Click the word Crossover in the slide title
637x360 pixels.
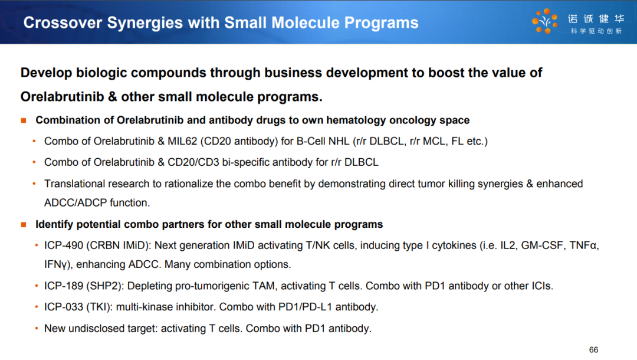pyautogui.click(x=63, y=23)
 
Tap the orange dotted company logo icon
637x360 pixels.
pyautogui.click(x=544, y=21)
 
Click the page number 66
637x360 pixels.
pyautogui.click(x=593, y=350)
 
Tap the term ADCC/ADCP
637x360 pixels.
pyautogui.click(x=75, y=203)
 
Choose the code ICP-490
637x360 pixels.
pyautogui.click(x=64, y=246)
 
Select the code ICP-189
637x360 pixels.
pyautogui.click(x=64, y=286)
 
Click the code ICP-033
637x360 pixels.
pyautogui.click(x=64, y=307)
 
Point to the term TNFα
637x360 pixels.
pyautogui.click(x=583, y=246)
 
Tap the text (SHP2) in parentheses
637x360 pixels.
pyautogui.click(x=104, y=286)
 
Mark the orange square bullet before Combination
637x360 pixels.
pyautogui.click(x=24, y=120)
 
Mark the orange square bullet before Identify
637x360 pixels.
pyautogui.click(x=24, y=225)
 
